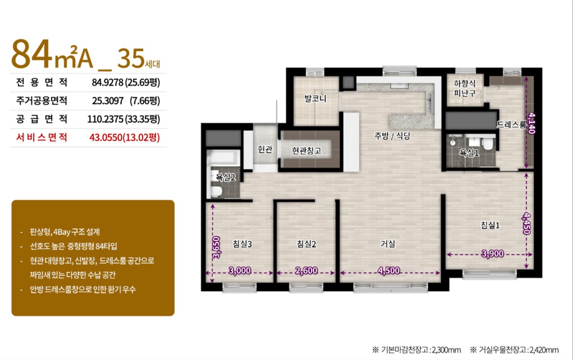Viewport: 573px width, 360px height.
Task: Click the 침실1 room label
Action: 489,225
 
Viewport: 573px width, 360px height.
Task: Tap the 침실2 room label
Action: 306,244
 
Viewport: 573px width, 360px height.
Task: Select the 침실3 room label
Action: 242,244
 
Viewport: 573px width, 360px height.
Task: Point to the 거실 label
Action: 388,243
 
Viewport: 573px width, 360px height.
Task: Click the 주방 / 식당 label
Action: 393,135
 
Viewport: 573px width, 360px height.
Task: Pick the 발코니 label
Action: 315,98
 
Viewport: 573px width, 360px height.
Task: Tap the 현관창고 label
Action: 306,150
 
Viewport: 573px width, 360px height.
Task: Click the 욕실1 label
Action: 469,152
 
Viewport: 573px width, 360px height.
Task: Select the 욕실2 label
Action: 226,177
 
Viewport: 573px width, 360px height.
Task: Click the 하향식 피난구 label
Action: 465,88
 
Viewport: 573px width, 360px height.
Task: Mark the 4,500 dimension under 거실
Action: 389,270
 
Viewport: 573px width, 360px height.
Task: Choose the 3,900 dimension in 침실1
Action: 493,253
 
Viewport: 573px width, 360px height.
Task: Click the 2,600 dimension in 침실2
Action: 306,270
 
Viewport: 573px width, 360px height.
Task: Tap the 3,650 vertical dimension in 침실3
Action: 216,247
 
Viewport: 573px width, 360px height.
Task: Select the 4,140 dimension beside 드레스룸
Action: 531,123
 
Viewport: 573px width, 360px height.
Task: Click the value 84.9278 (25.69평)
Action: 126,82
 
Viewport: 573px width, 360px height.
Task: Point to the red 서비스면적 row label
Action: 42,137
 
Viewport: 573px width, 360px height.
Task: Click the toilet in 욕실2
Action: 216,191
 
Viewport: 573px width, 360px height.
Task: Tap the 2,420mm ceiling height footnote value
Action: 544,350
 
